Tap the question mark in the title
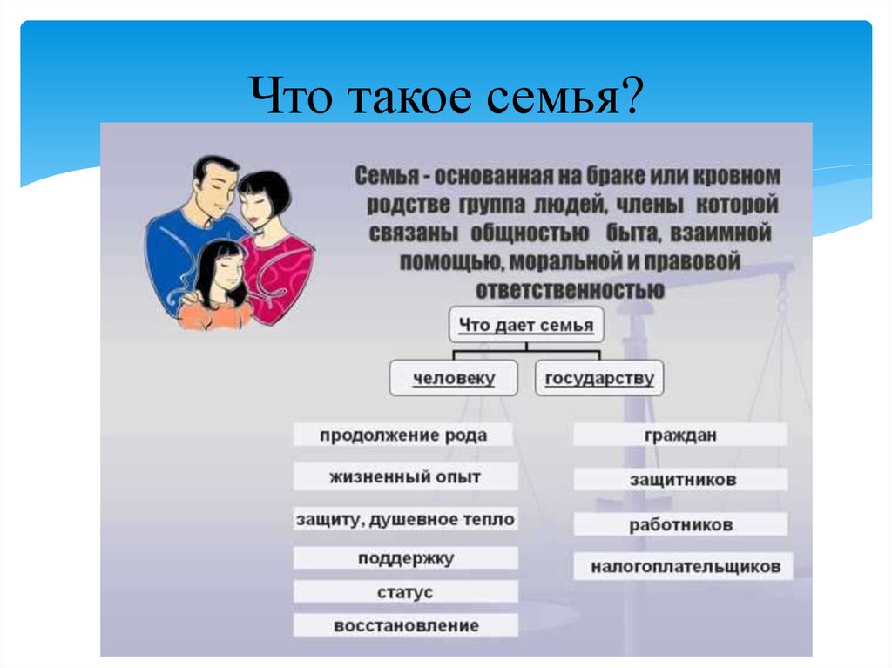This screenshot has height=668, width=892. [632, 94]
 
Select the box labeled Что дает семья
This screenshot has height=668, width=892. [526, 325]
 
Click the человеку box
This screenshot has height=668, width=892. [453, 378]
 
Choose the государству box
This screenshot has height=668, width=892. [599, 378]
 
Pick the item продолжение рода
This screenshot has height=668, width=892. [402, 435]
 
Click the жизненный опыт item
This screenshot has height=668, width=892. [405, 476]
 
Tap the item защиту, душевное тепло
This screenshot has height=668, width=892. [405, 519]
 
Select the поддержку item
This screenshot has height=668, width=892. [405, 558]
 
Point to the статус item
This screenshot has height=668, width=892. [405, 591]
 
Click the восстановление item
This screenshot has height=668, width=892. [405, 625]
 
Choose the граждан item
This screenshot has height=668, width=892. [680, 435]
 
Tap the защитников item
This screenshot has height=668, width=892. [680, 479]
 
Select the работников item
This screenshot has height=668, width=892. [680, 524]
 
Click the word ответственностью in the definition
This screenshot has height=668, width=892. [570, 290]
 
